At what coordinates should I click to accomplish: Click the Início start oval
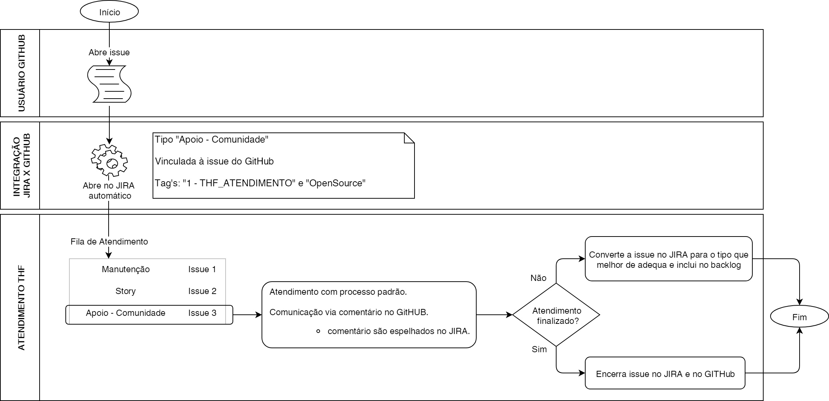click(109, 12)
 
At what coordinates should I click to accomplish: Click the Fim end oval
click(799, 317)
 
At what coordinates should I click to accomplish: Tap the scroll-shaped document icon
click(109, 84)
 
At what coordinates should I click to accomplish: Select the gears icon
click(109, 160)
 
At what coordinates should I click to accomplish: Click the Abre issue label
click(109, 52)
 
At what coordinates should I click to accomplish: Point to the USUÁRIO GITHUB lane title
click(21, 73)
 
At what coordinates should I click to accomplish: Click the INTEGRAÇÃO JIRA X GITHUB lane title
click(21, 166)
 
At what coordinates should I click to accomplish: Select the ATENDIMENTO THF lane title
click(21, 308)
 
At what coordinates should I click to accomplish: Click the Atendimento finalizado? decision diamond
click(556, 315)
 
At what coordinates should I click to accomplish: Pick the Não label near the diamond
click(538, 278)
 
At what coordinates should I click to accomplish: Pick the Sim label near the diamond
click(539, 349)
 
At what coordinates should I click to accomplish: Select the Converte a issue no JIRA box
click(668, 259)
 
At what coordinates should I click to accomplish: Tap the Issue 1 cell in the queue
click(202, 269)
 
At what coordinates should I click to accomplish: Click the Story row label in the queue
click(125, 291)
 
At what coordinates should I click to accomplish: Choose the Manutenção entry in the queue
click(126, 269)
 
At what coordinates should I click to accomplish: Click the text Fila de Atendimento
click(109, 242)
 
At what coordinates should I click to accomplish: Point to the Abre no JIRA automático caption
click(109, 191)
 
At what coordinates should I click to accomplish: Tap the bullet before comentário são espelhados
click(318, 331)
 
